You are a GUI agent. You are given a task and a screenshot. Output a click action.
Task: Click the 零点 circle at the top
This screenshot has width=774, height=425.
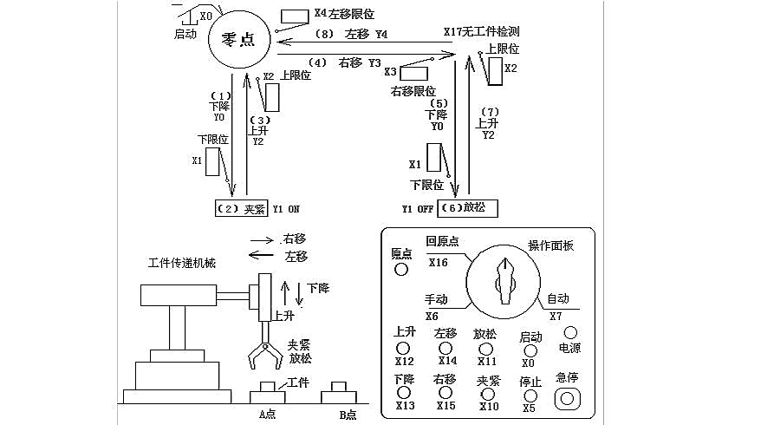(237, 41)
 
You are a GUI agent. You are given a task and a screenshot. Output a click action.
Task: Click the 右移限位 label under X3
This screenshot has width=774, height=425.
(413, 91)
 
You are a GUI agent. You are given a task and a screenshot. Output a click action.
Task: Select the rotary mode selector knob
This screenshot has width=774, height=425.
(504, 278)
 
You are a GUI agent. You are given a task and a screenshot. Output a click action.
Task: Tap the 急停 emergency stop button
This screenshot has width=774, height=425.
(568, 398)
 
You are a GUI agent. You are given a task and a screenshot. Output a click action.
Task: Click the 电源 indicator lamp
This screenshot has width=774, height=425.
(570, 332)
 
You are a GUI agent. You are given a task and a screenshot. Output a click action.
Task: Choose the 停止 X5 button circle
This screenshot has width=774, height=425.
(529, 395)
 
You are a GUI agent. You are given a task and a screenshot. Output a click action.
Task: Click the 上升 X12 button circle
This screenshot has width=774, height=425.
(405, 346)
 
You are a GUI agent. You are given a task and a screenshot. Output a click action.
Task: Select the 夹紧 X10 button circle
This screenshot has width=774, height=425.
(487, 394)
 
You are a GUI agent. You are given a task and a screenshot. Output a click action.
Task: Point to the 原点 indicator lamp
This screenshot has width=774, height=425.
(401, 269)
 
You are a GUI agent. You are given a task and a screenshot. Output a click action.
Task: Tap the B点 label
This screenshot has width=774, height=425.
(347, 415)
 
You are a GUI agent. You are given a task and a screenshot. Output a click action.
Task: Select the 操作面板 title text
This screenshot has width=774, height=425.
(550, 245)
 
